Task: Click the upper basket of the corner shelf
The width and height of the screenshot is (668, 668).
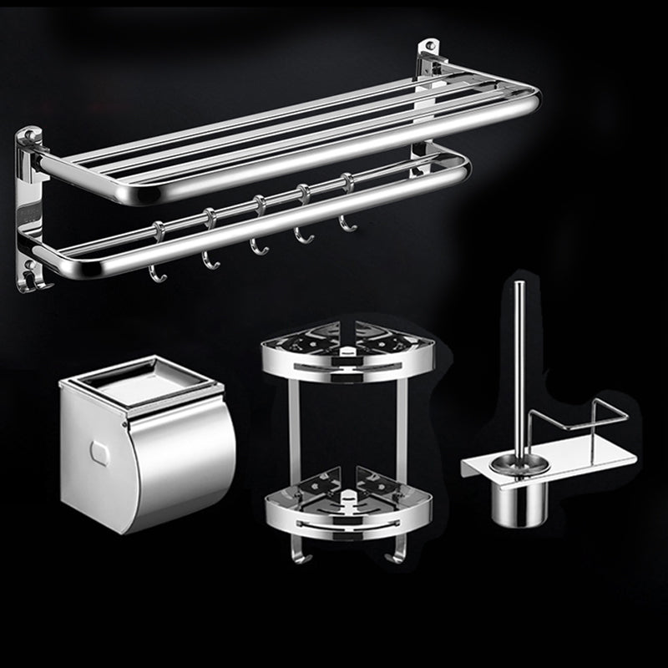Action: tap(347, 351)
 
